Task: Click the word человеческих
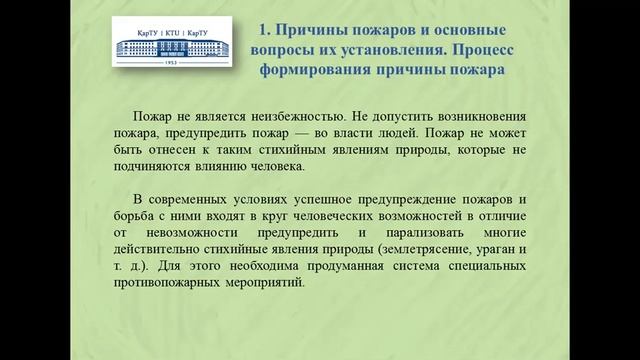tap(322, 215)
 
